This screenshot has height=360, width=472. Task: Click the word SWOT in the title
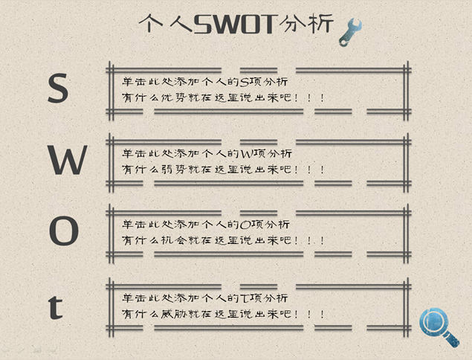click(x=234, y=24)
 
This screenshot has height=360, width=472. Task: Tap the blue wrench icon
click(x=350, y=32)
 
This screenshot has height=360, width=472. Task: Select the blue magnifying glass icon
click(x=439, y=327)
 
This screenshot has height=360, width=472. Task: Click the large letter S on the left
click(x=58, y=89)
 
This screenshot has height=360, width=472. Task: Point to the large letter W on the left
click(x=68, y=160)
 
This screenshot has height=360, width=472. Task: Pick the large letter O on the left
click(x=64, y=231)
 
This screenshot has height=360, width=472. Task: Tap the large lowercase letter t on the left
click(x=56, y=307)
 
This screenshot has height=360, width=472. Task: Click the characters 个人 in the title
click(x=165, y=24)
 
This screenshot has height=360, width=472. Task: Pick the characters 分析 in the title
click(x=305, y=24)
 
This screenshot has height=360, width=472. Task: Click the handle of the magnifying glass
click(x=451, y=339)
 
